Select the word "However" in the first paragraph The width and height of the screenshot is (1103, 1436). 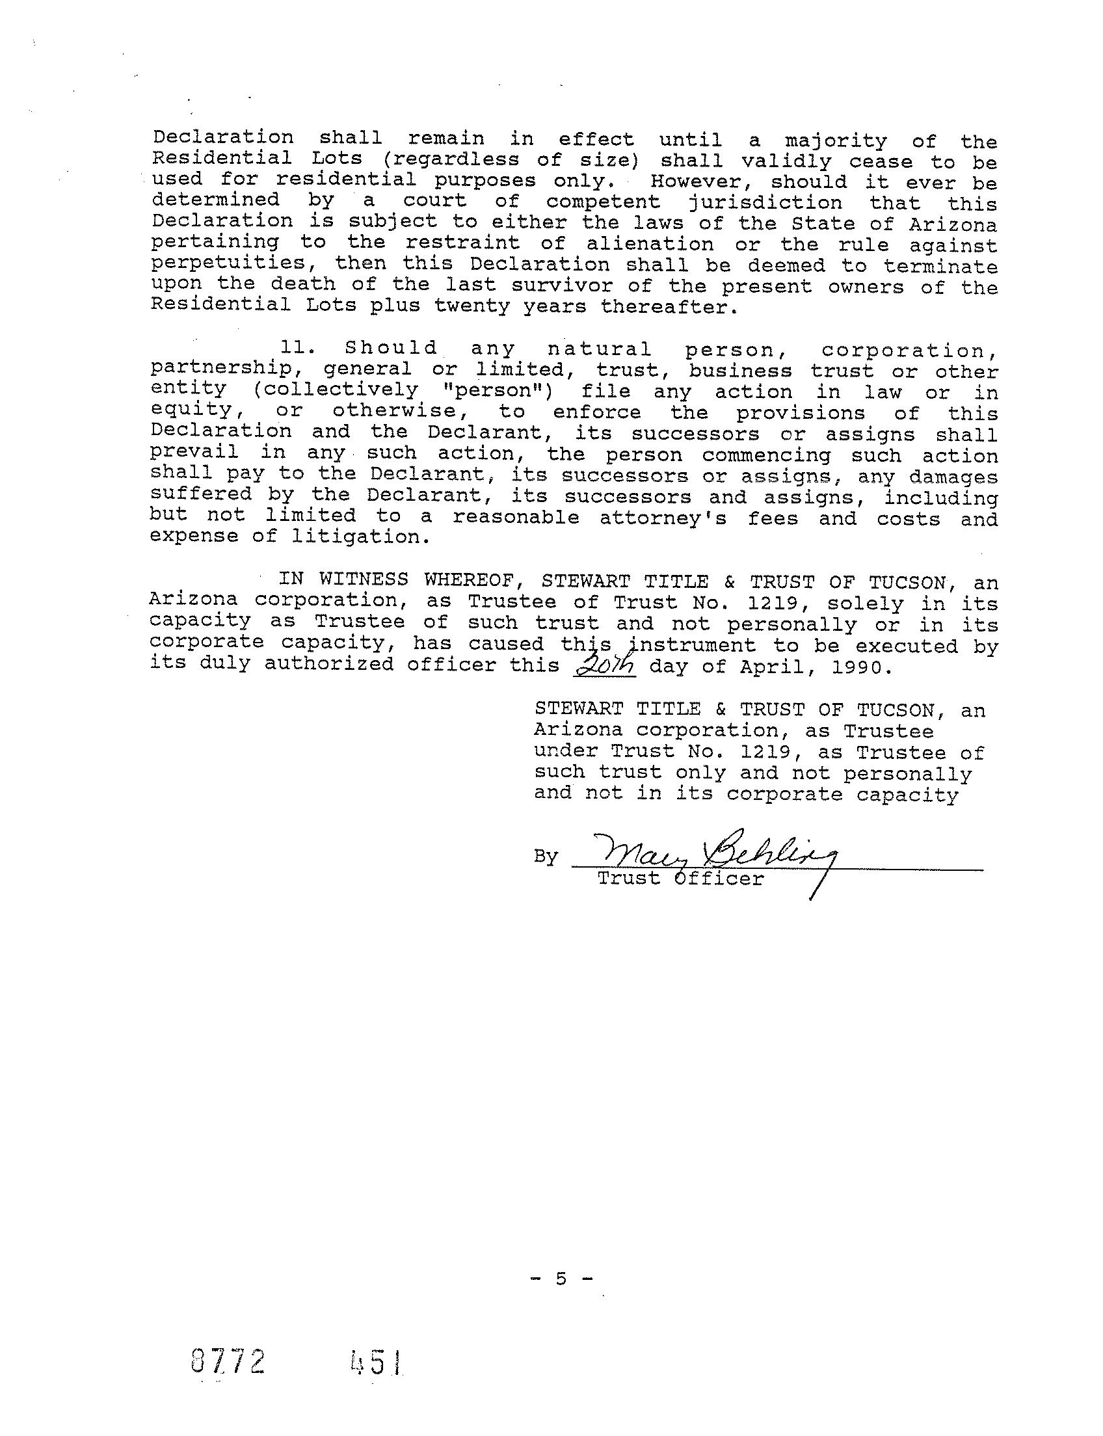pos(702,182)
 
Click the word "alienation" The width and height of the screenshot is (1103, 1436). pos(649,245)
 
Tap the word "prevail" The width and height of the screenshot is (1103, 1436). pos(194,453)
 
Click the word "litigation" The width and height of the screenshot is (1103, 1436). pos(360,537)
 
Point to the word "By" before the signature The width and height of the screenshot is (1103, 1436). pos(545,857)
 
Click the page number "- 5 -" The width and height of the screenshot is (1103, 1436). pos(560,1279)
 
